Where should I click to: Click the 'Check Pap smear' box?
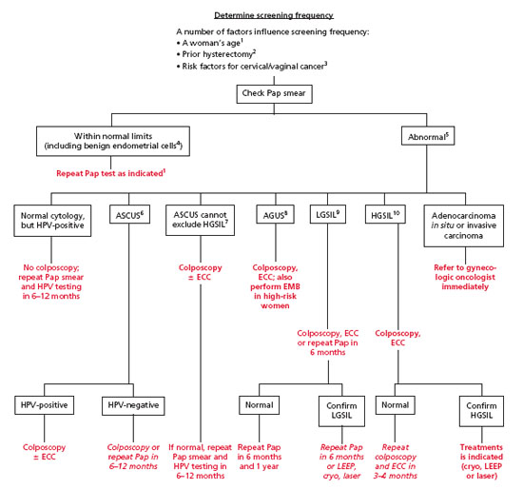point(274,94)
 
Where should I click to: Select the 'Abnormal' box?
point(428,136)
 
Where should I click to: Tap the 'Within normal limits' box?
point(113,141)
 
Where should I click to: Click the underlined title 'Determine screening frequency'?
point(274,15)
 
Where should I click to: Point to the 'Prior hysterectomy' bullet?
point(216,54)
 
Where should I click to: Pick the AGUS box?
point(275,214)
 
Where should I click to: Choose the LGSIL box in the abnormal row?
point(327,214)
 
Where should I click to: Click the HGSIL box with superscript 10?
point(385,214)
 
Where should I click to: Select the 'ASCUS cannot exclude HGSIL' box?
point(200,220)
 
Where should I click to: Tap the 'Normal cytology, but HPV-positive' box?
point(52,221)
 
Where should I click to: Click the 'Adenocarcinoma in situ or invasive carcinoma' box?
point(464,225)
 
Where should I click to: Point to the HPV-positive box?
point(45,405)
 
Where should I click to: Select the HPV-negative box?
point(133,405)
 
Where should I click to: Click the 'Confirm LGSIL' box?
point(341,411)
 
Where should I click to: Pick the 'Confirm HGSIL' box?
point(481,411)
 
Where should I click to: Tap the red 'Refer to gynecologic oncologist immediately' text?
point(465,277)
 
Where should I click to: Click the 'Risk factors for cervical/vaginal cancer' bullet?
point(252,66)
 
